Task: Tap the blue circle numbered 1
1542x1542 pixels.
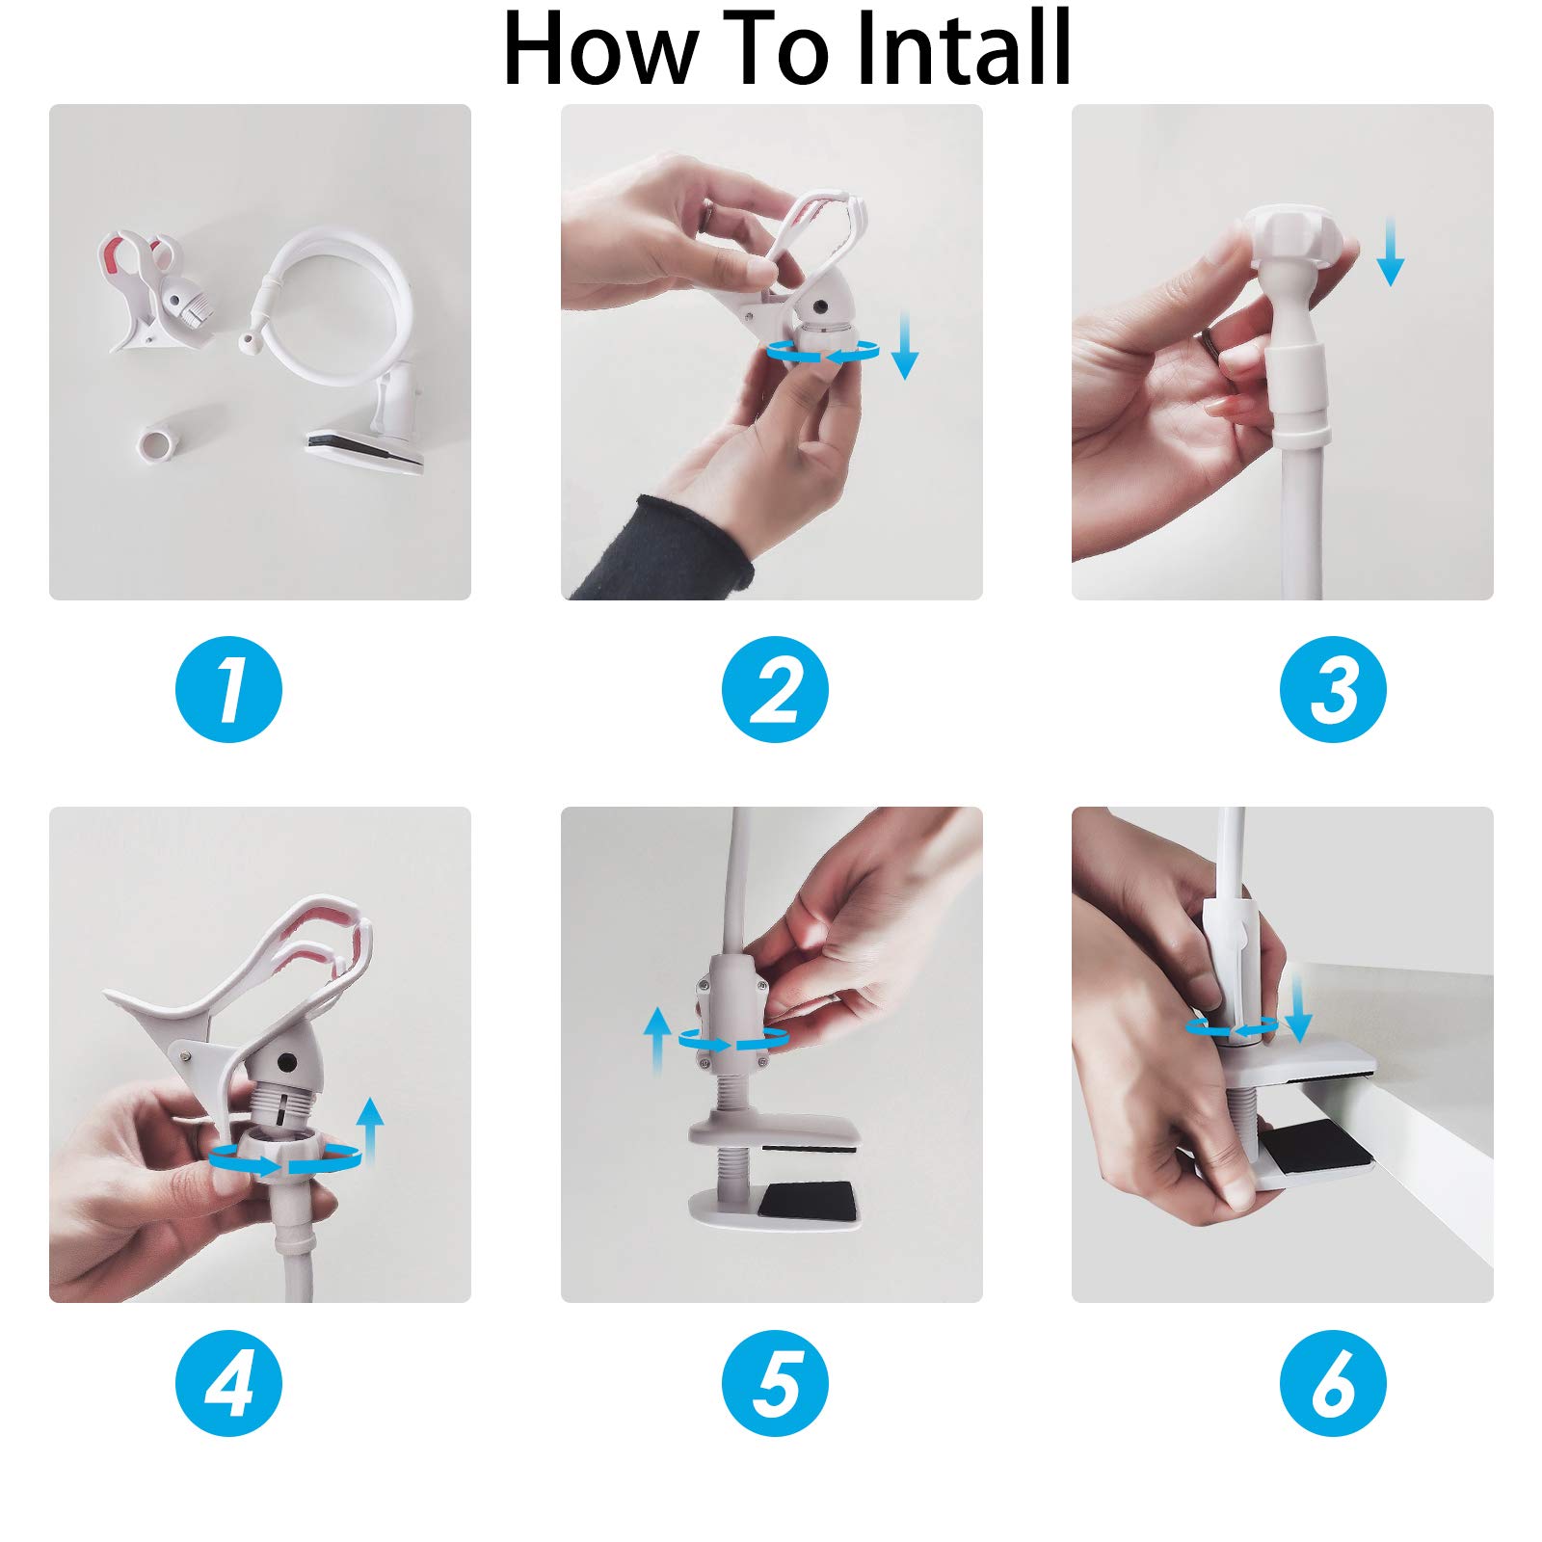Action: tap(228, 689)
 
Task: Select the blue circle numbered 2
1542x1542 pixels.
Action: tap(776, 689)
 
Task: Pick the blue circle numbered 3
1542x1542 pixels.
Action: tap(1333, 689)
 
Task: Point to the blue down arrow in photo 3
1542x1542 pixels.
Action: tap(1390, 252)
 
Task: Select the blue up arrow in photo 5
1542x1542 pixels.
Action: tap(656, 1041)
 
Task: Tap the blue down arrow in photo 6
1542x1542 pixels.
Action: tap(1298, 1007)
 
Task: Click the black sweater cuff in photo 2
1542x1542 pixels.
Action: tap(665, 549)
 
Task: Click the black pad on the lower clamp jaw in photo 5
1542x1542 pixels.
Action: tap(806, 1201)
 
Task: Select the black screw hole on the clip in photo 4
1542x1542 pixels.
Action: tap(286, 1061)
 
